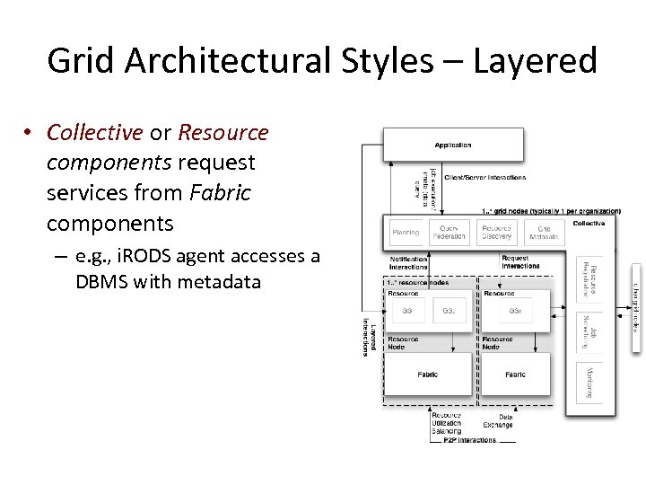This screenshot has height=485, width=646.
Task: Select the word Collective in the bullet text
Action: point(94,133)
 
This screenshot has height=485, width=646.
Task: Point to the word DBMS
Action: point(102,282)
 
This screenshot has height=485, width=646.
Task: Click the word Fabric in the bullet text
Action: point(220,192)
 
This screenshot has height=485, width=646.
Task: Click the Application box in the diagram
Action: point(453,145)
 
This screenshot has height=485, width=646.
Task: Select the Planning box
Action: point(406,232)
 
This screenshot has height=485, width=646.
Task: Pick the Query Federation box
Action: point(450,232)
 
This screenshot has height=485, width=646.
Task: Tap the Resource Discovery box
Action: point(496,232)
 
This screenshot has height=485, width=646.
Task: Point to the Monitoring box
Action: point(589,381)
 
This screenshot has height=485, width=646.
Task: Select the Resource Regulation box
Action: point(589,279)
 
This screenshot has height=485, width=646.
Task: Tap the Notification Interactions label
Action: point(408,262)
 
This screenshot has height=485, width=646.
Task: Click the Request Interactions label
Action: point(520,262)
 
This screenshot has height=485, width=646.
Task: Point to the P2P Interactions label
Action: point(469,440)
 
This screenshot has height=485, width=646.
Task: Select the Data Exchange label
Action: point(498,420)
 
